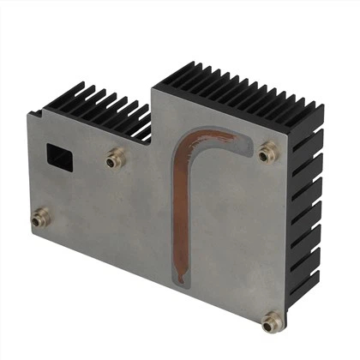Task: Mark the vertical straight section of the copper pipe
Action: coord(180,214)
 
